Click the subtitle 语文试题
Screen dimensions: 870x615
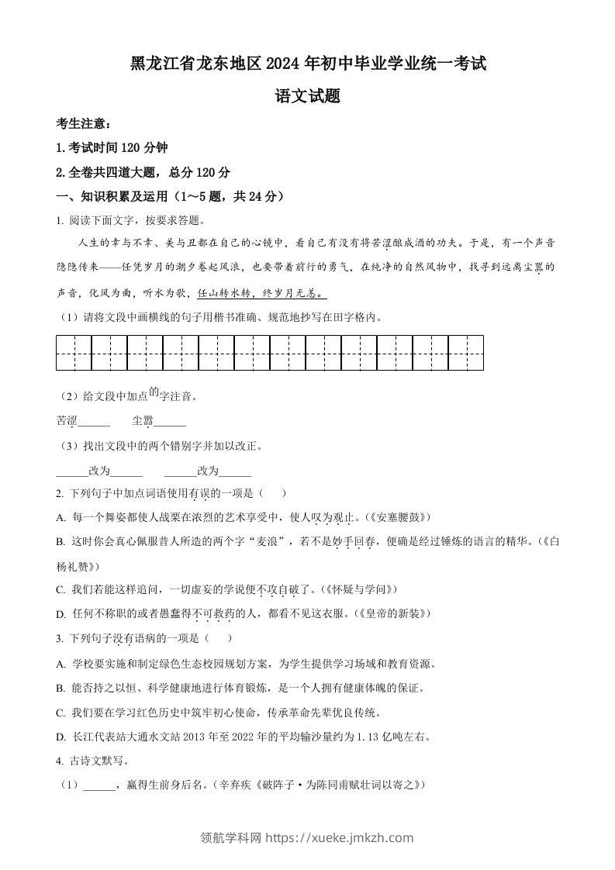308,98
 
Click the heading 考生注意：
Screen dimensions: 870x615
84,124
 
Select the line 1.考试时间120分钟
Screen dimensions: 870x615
112,148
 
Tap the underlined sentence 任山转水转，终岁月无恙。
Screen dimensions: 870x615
262,294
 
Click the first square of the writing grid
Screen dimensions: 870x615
74,353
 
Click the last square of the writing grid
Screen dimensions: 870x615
466,353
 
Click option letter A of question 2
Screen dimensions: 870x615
60,517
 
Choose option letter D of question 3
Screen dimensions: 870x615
60,737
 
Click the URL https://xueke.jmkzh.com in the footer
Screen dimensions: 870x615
340,837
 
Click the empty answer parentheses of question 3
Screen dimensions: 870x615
219,638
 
